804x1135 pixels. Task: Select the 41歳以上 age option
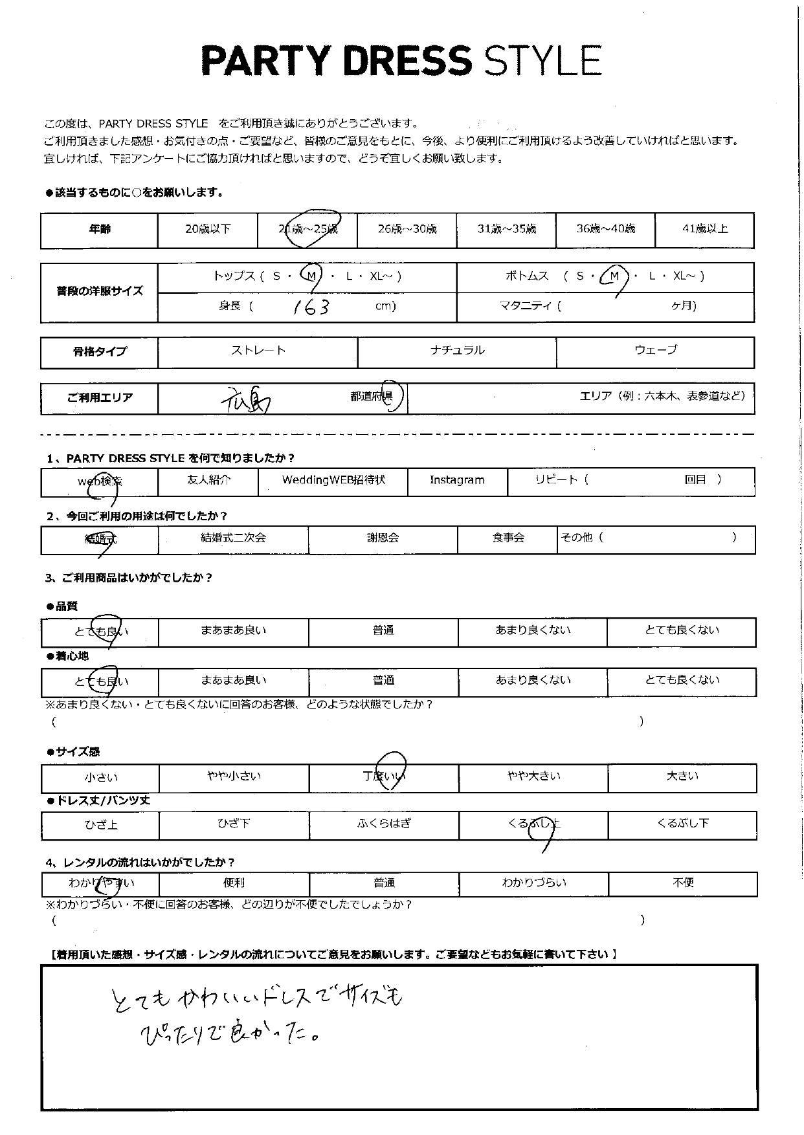coord(704,229)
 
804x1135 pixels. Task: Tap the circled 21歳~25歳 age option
coord(308,229)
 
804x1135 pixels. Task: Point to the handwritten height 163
coord(311,307)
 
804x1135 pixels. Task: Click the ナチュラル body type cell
coord(457,351)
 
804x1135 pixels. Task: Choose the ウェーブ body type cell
coord(655,351)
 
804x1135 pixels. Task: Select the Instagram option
coord(457,480)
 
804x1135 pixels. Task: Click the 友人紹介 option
coord(208,480)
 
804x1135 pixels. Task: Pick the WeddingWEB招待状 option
coord(333,480)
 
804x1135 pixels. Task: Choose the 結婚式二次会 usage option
coord(233,538)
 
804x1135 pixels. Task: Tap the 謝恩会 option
coord(383,538)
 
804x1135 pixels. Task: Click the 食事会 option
coord(508,538)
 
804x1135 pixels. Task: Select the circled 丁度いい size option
coord(384,776)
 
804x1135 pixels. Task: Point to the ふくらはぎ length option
coord(384,824)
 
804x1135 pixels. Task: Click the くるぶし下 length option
coord(683,824)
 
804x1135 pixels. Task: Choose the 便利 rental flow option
coord(234,883)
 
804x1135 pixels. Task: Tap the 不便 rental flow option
coord(683,883)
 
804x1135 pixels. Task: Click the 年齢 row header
coord(100,229)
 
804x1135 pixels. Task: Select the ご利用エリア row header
coord(100,397)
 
